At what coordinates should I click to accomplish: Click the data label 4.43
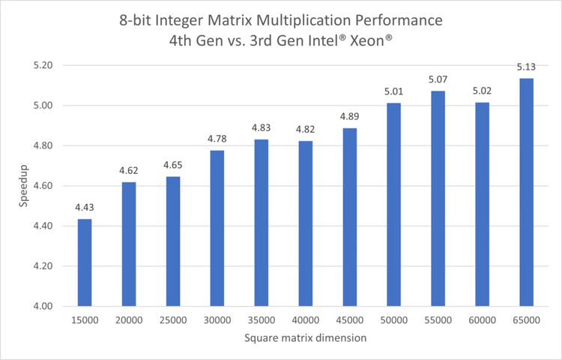85,208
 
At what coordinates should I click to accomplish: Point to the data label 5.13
526,67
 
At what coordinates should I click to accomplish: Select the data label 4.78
217,139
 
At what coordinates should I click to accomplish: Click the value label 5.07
438,79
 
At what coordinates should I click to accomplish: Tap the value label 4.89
349,117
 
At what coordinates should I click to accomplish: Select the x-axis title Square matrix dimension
305,338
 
